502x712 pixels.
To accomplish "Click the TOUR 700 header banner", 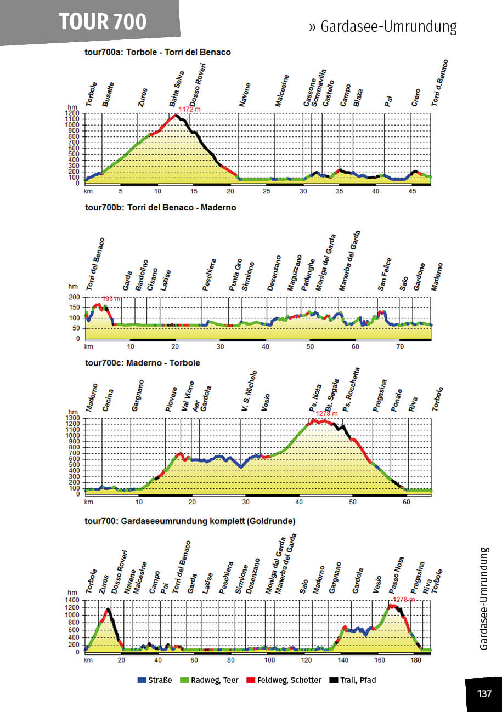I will [103, 21].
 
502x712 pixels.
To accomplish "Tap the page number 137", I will [484, 694].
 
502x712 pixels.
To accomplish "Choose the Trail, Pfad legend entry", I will [354, 680].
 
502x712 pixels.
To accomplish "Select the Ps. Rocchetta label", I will [352, 390].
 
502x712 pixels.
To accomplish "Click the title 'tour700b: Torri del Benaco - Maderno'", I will [161, 208].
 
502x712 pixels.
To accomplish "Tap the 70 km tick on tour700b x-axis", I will [400, 346].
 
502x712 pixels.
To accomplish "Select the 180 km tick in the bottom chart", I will [416, 660].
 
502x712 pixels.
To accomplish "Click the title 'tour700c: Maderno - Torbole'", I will [143, 363].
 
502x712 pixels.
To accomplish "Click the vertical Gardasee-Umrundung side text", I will [484, 599].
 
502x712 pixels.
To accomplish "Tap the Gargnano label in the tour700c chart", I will [138, 395].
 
